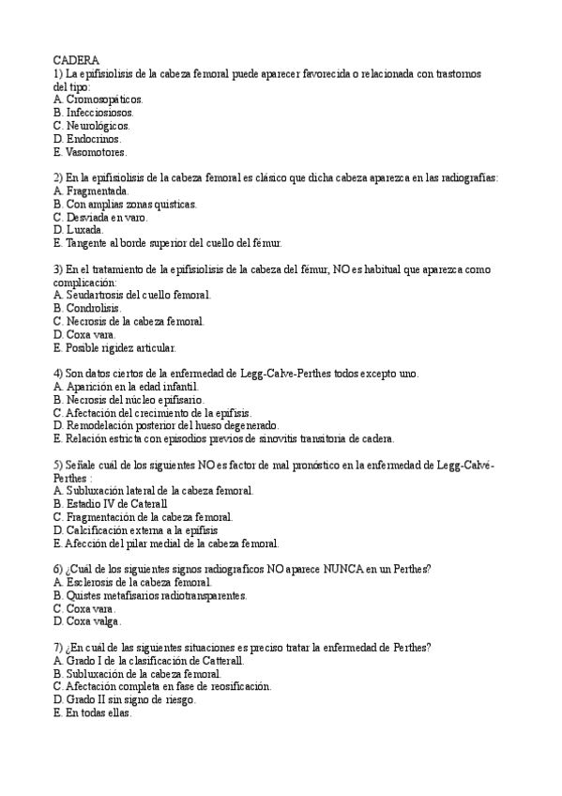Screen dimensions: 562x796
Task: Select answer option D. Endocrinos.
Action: pyautogui.click(x=88, y=138)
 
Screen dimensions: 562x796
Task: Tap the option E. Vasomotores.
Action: pyautogui.click(x=90, y=151)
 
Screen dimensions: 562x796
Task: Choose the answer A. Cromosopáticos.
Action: pyautogui.click(x=99, y=99)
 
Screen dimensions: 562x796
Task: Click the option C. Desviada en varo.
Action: pyautogui.click(x=100, y=217)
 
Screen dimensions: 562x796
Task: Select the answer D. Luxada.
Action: pyautogui.click(x=79, y=230)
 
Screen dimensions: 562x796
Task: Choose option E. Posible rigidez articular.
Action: pyautogui.click(x=114, y=346)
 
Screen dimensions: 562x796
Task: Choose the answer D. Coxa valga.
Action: pyautogui.click(x=87, y=621)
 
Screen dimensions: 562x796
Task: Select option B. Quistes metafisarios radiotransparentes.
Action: pyautogui.click(x=151, y=595)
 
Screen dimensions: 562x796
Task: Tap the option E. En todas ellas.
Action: pyautogui.click(x=93, y=712)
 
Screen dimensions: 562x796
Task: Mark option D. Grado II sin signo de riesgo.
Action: pyautogui.click(x=126, y=699)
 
